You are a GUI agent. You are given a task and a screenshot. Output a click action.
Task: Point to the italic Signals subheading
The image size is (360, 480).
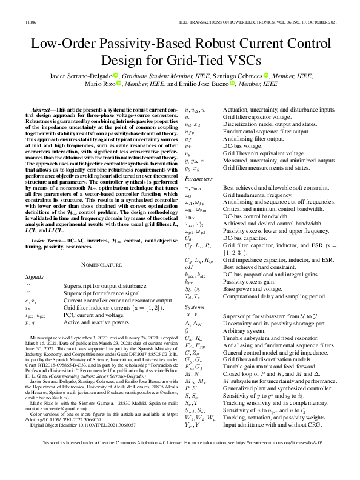point(36,276)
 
